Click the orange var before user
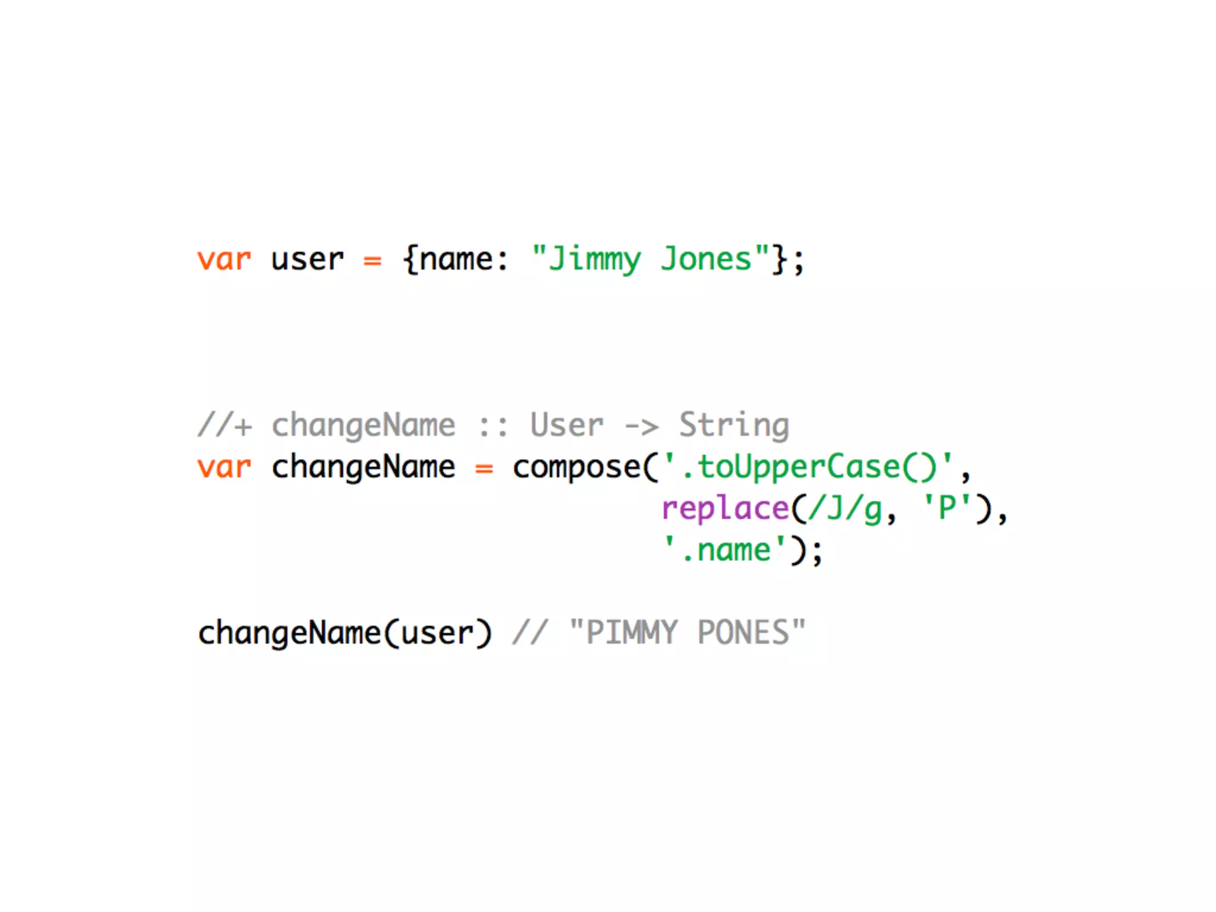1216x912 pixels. click(x=224, y=260)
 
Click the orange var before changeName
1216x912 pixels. click(x=224, y=467)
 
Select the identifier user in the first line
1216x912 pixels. click(x=307, y=260)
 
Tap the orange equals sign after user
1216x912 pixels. click(x=372, y=261)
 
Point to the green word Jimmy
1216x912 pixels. click(x=594, y=260)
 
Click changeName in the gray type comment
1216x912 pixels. click(x=363, y=426)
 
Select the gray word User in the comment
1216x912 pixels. click(x=566, y=426)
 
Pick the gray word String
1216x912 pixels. click(x=734, y=426)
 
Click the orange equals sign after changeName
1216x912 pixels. click(x=484, y=468)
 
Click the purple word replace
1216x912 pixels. click(x=725, y=509)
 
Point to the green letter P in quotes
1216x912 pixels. click(x=947, y=509)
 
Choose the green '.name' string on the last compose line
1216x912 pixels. click(x=724, y=550)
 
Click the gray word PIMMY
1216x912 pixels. click(x=631, y=633)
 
